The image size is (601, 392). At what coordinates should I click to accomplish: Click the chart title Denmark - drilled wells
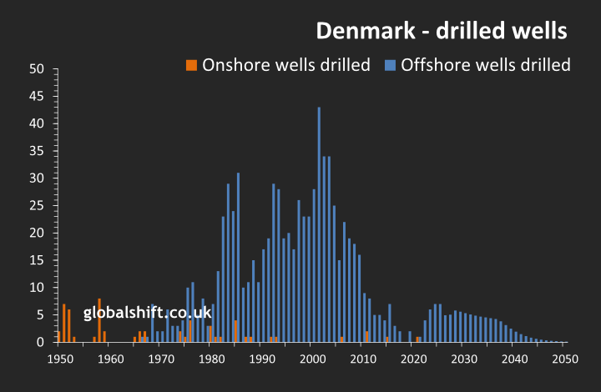[x=442, y=32]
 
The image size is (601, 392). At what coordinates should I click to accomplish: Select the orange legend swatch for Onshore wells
[x=191, y=65]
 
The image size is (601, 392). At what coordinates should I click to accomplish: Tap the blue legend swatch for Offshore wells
[x=390, y=65]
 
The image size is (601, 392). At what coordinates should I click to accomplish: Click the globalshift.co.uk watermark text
[x=147, y=312]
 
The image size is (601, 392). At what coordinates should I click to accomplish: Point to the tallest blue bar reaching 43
[x=318, y=225]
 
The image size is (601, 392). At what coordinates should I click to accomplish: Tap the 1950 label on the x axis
[x=60, y=359]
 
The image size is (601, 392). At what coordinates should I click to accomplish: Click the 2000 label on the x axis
[x=313, y=359]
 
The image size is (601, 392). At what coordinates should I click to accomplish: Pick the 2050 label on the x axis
[x=565, y=359]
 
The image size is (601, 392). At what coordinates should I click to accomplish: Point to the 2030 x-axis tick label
[x=464, y=359]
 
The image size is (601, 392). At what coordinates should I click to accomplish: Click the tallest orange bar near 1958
[x=99, y=320]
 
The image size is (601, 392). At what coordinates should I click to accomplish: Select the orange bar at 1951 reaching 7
[x=64, y=324]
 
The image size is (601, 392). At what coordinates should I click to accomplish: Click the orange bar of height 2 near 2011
[x=366, y=337]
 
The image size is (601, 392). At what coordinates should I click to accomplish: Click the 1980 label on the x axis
[x=212, y=359]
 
